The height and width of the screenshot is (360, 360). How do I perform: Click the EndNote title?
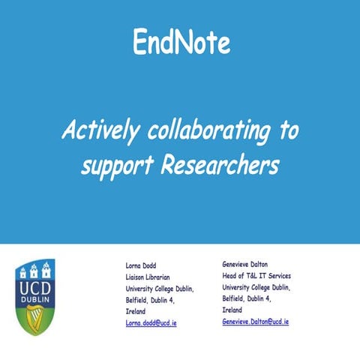(181, 43)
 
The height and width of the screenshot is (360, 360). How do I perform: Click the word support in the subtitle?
(115, 166)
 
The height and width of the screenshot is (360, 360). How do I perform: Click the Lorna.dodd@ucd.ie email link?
(151, 322)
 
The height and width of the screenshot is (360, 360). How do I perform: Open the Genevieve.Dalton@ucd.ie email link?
(255, 321)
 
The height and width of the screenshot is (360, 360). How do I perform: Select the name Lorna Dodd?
(141, 265)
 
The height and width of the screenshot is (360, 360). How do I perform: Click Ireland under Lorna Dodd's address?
(136, 310)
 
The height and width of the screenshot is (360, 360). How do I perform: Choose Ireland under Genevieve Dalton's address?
(232, 309)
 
